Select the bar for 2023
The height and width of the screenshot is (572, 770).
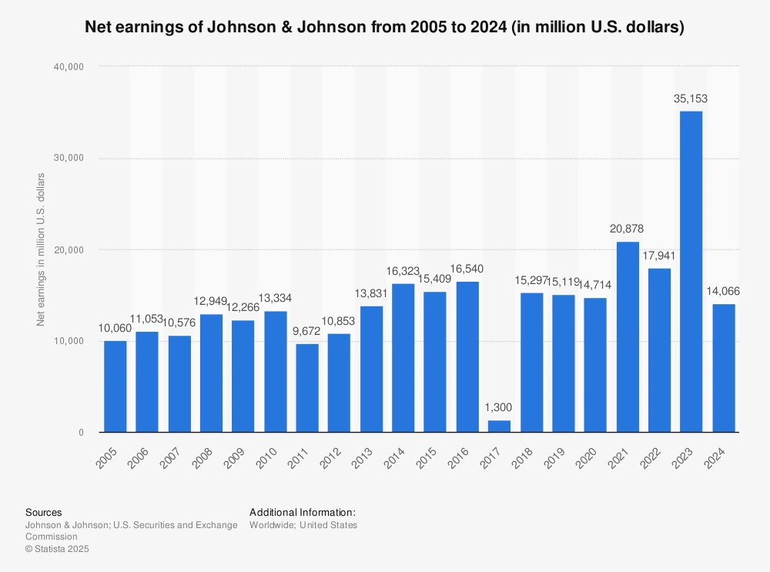point(691,272)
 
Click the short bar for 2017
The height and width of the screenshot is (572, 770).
point(499,426)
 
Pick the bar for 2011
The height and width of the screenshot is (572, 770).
point(307,388)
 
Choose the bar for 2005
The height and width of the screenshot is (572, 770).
point(115,386)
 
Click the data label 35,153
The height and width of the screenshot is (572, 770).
point(691,99)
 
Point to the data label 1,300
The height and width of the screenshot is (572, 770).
point(499,407)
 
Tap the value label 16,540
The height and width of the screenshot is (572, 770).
point(467,269)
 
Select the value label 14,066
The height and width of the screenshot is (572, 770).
point(723,291)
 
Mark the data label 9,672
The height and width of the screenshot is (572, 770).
point(307,331)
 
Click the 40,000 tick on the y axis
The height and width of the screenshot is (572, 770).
point(69,67)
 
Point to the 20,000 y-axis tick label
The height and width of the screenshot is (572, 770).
point(69,249)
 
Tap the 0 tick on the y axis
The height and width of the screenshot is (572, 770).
point(80,433)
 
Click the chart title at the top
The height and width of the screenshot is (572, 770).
point(384,28)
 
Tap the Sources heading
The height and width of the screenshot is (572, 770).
point(44,512)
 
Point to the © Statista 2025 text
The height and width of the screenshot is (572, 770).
point(58,549)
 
